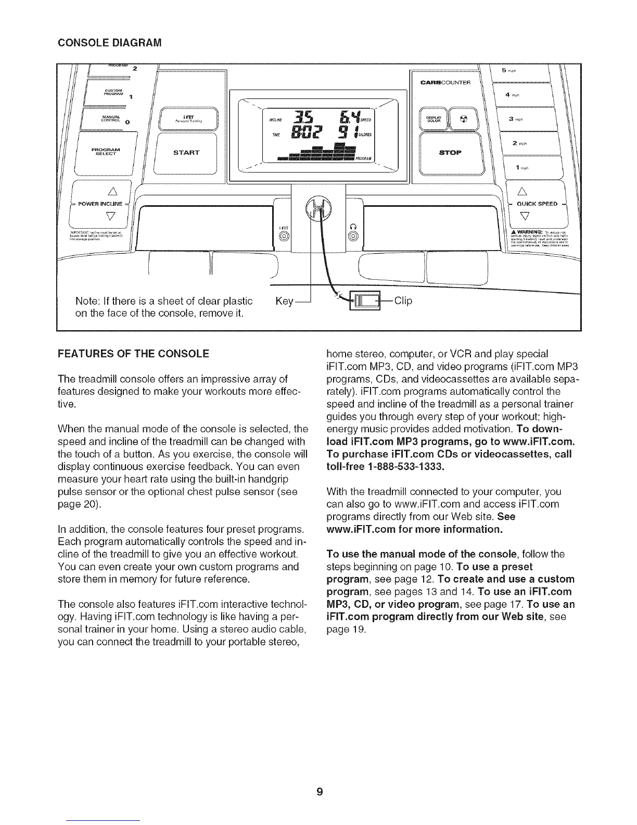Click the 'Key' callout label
click(x=283, y=301)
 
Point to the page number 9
click(x=319, y=793)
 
